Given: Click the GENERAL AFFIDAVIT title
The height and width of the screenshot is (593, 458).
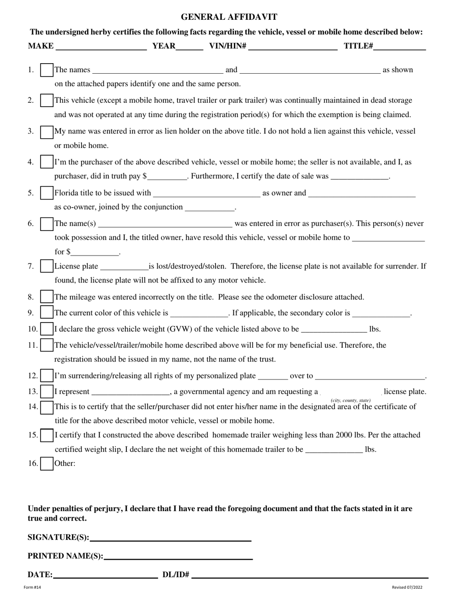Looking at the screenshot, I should (229, 17).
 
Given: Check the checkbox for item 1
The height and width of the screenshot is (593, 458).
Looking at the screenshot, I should (47, 70).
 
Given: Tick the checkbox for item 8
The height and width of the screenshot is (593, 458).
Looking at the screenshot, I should (47, 297).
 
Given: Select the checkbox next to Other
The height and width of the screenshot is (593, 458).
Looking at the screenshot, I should (47, 464).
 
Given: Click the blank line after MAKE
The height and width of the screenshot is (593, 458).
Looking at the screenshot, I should (101, 47).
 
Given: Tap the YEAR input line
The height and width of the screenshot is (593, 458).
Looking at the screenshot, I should (189, 47).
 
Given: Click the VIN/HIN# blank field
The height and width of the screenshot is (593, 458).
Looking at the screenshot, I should (293, 47).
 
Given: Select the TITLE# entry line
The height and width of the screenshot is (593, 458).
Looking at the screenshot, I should (400, 47).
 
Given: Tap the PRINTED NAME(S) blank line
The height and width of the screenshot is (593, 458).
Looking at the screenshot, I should (178, 556).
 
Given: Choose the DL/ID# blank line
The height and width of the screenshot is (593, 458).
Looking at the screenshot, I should (310, 575).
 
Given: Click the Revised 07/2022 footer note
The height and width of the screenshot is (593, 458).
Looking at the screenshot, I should (407, 587).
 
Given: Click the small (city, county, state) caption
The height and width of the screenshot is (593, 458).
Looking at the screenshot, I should (350, 401).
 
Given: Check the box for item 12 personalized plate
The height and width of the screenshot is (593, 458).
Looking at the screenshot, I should (47, 376).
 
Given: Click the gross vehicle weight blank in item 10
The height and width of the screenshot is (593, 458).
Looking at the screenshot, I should (334, 330).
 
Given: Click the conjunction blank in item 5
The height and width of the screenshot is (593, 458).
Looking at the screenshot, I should (210, 208).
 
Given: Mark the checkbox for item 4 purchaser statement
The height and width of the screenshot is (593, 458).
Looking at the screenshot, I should (47, 162).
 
